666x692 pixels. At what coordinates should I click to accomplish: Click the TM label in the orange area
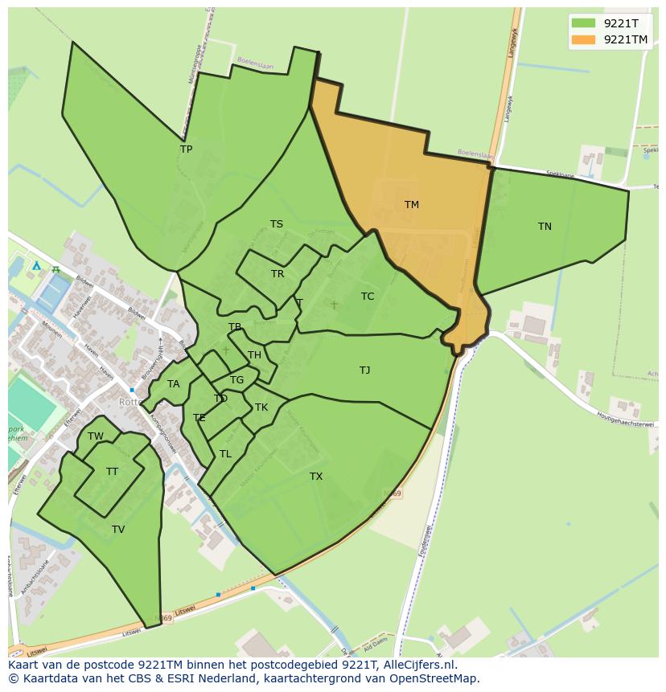(x=411, y=205)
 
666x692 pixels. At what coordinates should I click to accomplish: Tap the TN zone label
(x=545, y=227)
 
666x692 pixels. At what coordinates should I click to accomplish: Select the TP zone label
(x=186, y=149)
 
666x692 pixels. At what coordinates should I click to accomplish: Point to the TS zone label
(x=276, y=224)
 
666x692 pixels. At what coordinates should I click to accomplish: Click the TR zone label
(x=277, y=274)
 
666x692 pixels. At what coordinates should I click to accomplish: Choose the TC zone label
(x=368, y=297)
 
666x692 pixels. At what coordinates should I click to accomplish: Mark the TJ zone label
(x=364, y=371)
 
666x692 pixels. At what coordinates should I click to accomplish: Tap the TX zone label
(x=316, y=477)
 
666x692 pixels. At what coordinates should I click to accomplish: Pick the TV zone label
(x=118, y=530)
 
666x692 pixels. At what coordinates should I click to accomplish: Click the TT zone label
(x=112, y=472)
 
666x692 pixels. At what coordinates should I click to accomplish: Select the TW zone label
(x=96, y=436)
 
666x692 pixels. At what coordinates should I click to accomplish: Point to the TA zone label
(x=173, y=384)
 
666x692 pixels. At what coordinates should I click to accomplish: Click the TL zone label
(x=225, y=454)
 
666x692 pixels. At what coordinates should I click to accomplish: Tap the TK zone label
(x=261, y=407)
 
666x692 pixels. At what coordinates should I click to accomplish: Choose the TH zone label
(x=254, y=355)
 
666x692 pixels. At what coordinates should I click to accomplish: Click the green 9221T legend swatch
(x=584, y=23)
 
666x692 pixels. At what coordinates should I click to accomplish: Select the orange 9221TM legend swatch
(x=584, y=39)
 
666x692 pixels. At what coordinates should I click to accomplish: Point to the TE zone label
(x=199, y=418)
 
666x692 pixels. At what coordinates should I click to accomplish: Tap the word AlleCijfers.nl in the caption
(x=417, y=665)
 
